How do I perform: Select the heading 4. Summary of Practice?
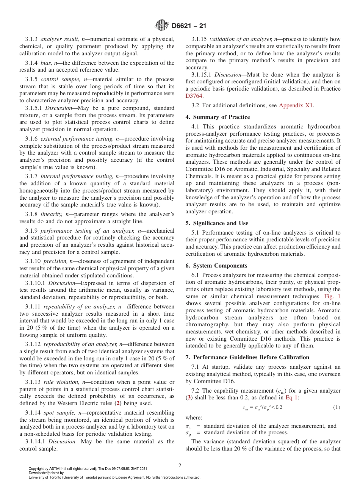(218, 117)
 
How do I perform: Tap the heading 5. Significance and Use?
(217, 223)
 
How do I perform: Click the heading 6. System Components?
(216, 266)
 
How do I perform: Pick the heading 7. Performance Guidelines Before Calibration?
(247, 357)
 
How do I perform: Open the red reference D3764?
(194, 96)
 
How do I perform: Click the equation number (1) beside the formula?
(337, 407)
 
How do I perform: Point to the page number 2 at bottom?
(180, 466)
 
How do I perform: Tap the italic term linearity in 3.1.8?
(52, 214)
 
